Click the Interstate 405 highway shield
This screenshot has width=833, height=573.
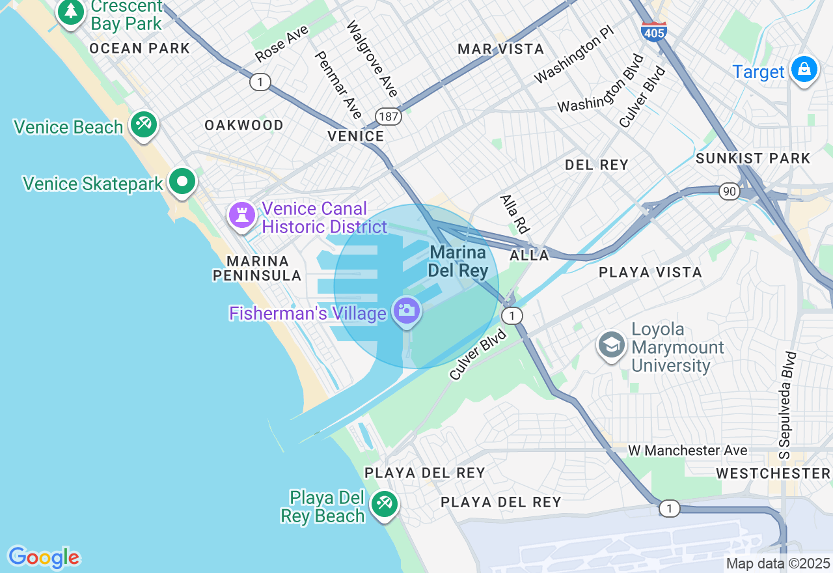click(x=653, y=31)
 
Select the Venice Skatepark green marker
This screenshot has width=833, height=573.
click(x=182, y=182)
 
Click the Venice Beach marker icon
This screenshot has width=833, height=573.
click(x=143, y=124)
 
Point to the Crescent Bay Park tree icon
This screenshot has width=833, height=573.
click(x=70, y=12)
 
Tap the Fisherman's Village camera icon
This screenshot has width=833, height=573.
click(x=407, y=311)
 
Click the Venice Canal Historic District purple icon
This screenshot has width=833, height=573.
click(x=241, y=215)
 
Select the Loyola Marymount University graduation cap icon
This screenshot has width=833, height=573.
click(x=612, y=345)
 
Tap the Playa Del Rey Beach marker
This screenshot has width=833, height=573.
click(x=384, y=504)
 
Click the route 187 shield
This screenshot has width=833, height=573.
click(x=389, y=117)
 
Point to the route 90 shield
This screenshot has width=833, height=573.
click(x=730, y=191)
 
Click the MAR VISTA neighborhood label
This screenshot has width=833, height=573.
click(x=500, y=49)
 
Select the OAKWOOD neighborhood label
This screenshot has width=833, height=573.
click(x=244, y=125)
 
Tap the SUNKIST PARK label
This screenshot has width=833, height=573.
click(x=753, y=158)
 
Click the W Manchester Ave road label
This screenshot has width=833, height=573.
click(x=687, y=450)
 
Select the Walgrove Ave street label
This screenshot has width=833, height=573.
click(x=372, y=59)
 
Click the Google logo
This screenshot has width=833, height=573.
click(x=44, y=557)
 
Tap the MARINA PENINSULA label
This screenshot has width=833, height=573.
click(x=258, y=268)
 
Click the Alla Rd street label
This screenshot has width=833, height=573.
click(x=514, y=214)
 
